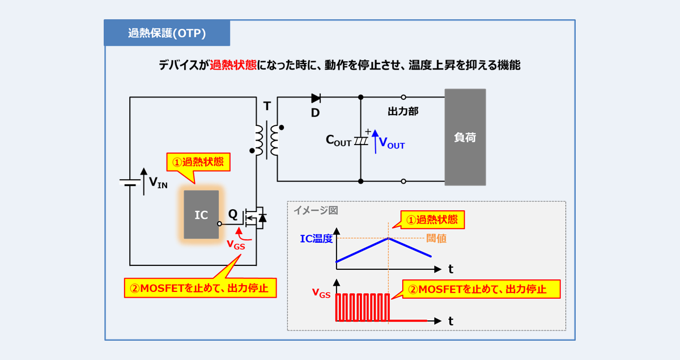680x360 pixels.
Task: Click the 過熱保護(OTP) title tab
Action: [x=167, y=33]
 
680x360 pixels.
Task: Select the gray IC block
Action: [x=201, y=215]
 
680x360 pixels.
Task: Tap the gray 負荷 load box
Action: [x=465, y=137]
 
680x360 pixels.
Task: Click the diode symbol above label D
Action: [x=316, y=98]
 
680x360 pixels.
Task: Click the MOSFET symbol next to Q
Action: [x=255, y=216]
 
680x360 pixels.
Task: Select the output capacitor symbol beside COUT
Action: [x=360, y=141]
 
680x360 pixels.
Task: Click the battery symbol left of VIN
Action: [x=130, y=182]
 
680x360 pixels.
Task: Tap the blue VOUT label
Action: [x=392, y=145]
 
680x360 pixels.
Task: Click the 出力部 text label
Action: [x=403, y=112]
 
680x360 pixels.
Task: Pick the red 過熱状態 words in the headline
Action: [x=233, y=65]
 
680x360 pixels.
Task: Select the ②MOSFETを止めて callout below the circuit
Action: [x=201, y=288]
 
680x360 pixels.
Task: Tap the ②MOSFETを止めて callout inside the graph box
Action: [x=481, y=289]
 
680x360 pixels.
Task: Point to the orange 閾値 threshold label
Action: [x=436, y=239]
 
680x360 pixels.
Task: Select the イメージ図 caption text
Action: [x=315, y=210]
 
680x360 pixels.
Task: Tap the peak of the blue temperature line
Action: [x=388, y=238]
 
